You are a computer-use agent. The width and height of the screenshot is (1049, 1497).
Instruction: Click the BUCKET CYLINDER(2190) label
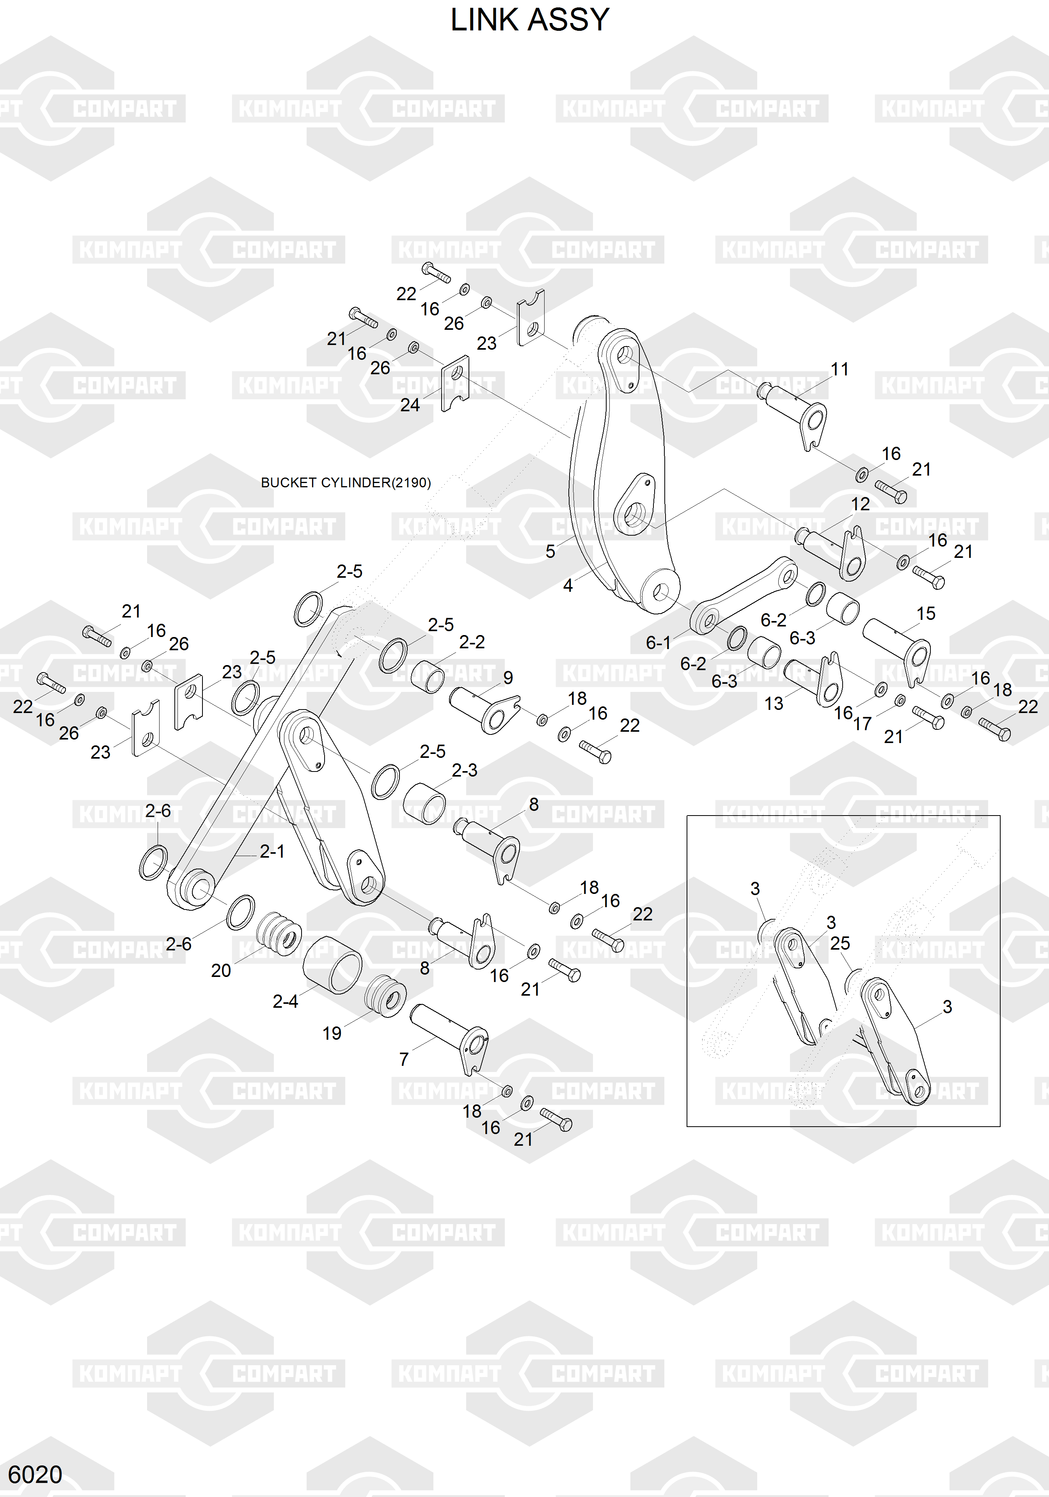pyautogui.click(x=346, y=483)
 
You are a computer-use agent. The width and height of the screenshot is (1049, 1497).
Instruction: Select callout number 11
pyautogui.click(x=839, y=369)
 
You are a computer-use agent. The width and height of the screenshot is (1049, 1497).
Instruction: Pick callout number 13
pyautogui.click(x=774, y=704)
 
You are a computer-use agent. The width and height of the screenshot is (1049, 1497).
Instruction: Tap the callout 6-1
pyautogui.click(x=658, y=643)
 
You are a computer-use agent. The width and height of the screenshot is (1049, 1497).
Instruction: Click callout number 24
pyautogui.click(x=410, y=405)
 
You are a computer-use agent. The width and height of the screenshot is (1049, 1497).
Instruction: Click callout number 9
pyautogui.click(x=508, y=678)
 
